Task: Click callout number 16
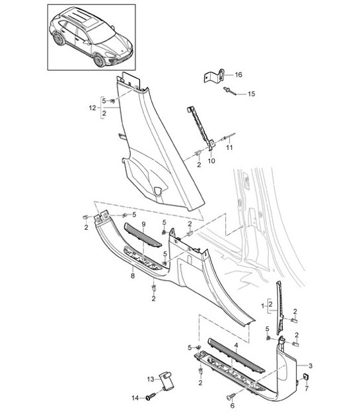pos(238,75)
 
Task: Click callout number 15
pos(251,94)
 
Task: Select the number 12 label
pos(92,106)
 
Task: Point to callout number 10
pos(211,161)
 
